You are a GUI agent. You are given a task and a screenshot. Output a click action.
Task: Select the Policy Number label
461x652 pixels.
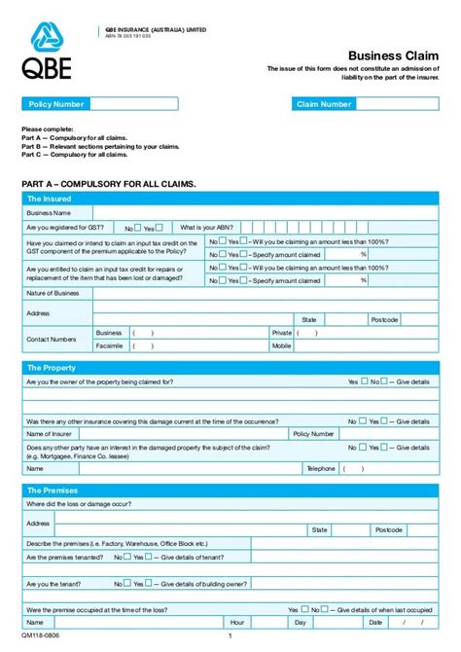click(x=55, y=104)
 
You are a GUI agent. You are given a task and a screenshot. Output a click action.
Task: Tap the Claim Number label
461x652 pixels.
click(x=324, y=104)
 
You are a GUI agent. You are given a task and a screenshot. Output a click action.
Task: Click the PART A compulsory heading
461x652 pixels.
click(x=108, y=183)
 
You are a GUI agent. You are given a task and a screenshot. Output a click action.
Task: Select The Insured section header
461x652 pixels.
click(x=52, y=199)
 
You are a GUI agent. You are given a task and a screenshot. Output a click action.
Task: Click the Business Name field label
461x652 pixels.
click(x=49, y=212)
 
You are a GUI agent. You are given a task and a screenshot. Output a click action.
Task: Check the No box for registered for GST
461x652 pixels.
click(x=138, y=227)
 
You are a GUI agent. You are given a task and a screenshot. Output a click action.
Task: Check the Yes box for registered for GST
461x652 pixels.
click(x=160, y=227)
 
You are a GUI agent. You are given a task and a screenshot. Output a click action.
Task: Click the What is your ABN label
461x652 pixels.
click(x=206, y=227)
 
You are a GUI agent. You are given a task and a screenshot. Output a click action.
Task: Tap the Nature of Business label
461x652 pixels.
click(x=53, y=293)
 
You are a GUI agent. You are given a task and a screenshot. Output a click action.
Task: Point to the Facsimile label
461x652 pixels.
click(x=109, y=345)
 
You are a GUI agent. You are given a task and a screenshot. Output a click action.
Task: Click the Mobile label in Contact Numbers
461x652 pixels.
click(x=282, y=345)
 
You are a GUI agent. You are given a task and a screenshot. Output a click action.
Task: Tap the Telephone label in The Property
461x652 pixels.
click(x=320, y=468)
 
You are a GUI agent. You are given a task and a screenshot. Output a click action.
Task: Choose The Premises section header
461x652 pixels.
click(x=53, y=490)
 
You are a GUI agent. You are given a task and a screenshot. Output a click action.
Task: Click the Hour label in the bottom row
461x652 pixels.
click(x=236, y=622)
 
